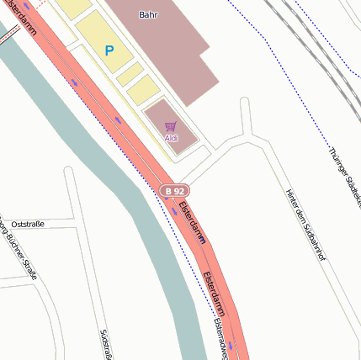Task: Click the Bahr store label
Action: pos(148,14)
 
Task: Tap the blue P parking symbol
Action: pos(109,51)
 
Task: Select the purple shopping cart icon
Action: pos(171,126)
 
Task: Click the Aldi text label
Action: pos(171,138)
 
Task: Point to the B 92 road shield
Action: pos(174,192)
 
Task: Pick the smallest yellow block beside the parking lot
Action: pos(129,73)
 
